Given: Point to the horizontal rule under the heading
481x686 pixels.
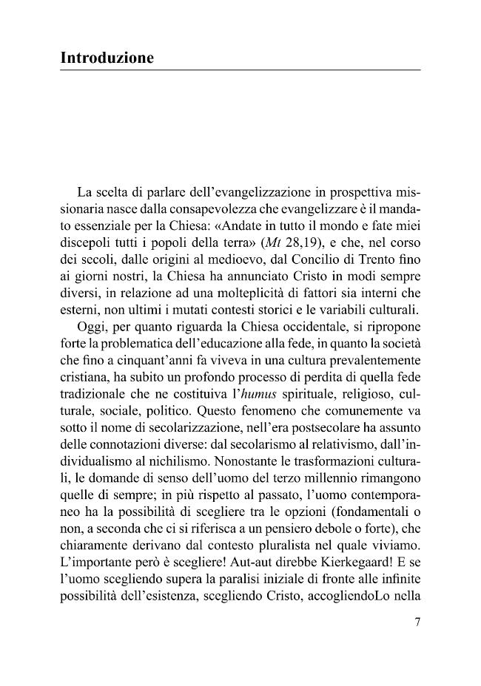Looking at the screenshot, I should tap(240, 70).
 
